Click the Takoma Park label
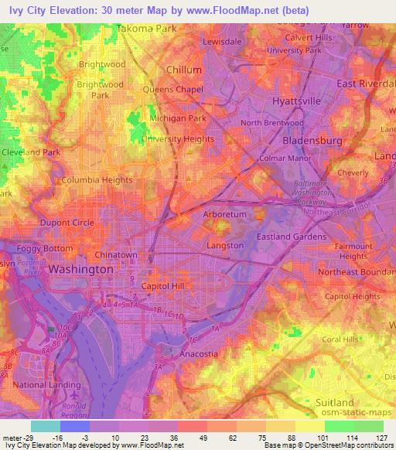147,29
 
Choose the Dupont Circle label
67,223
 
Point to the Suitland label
335,403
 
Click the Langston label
226,246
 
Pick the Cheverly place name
352,173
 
